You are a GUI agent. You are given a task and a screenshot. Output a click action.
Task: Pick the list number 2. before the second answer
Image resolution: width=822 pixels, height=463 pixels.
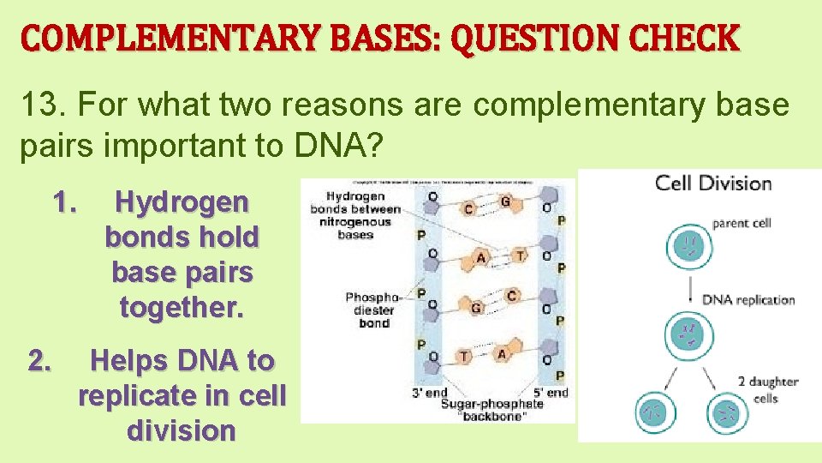click(39, 361)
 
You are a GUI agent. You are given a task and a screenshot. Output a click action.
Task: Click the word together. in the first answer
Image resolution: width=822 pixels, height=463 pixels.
click(182, 306)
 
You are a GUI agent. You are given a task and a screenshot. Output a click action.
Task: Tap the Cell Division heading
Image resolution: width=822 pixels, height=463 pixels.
click(712, 183)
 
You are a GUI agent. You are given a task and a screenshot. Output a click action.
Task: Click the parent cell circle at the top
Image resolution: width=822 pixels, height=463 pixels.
click(689, 245)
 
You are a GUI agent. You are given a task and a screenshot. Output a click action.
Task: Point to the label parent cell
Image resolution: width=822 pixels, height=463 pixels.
click(742, 223)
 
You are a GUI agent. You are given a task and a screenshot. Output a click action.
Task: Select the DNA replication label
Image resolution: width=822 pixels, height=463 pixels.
click(748, 300)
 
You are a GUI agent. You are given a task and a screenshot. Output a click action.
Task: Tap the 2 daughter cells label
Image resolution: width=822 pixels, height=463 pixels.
click(767, 390)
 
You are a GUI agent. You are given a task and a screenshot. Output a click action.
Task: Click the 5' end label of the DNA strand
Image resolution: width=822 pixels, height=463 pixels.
click(551, 393)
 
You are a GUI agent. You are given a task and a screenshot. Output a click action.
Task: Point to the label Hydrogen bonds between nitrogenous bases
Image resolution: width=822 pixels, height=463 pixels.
click(355, 214)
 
